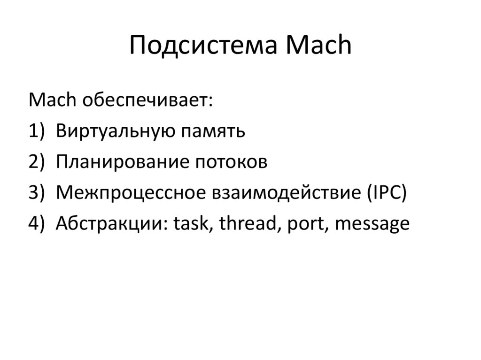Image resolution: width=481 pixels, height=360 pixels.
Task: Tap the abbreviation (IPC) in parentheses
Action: (x=386, y=193)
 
